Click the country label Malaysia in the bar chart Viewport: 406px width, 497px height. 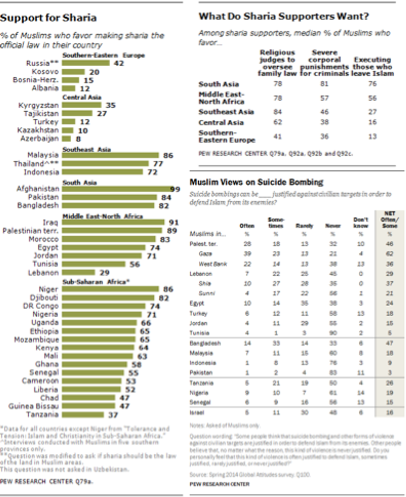[x=43, y=155]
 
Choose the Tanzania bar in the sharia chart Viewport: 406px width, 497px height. [x=82, y=414]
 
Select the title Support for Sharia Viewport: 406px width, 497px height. [x=48, y=18]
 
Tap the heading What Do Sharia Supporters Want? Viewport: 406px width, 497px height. [x=284, y=17]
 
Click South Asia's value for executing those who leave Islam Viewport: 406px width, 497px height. [x=372, y=84]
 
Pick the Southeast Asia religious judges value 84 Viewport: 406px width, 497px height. [x=277, y=112]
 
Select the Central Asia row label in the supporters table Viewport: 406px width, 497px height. [x=221, y=123]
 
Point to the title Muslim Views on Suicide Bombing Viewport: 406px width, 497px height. [x=256, y=182]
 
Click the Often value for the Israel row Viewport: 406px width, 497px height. [x=247, y=412]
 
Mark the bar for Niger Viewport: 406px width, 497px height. [x=110, y=289]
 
